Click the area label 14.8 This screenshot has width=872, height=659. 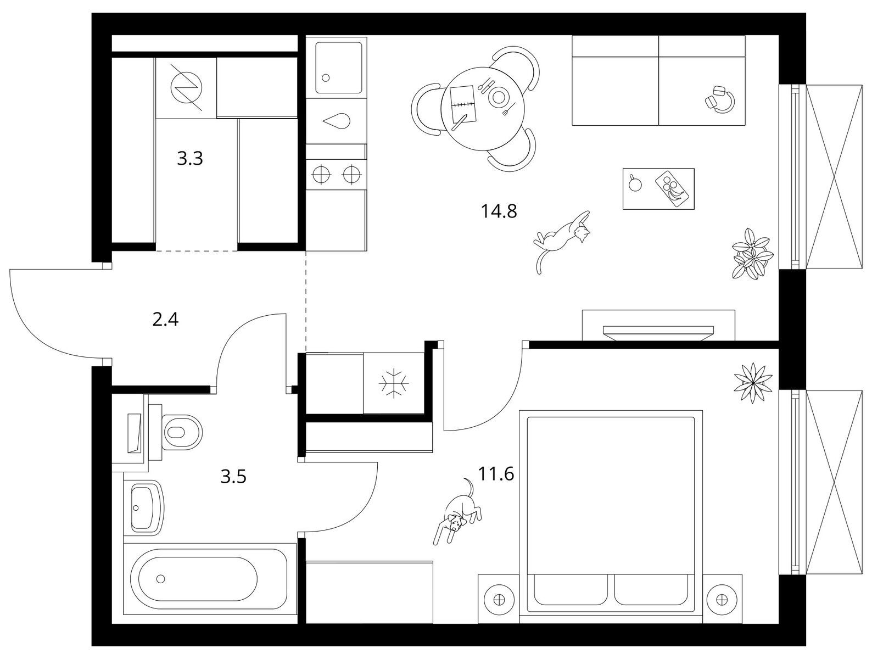499,211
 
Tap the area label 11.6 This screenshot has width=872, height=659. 496,473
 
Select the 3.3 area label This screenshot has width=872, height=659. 190,159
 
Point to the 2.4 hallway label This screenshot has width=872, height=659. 165,320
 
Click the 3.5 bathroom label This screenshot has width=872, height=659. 233,477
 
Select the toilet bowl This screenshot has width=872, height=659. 182,432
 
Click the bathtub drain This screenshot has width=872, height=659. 160,579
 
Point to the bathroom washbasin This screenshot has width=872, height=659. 147,507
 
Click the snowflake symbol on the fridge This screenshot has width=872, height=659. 394,383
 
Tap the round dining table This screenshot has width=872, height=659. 483,108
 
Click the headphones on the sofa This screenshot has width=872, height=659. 720,100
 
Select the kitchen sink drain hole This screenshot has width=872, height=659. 326,78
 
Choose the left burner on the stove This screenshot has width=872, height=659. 322,175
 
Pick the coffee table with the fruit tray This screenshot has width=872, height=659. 658,189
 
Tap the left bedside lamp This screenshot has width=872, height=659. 499,600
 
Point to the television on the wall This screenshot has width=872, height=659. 658,332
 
